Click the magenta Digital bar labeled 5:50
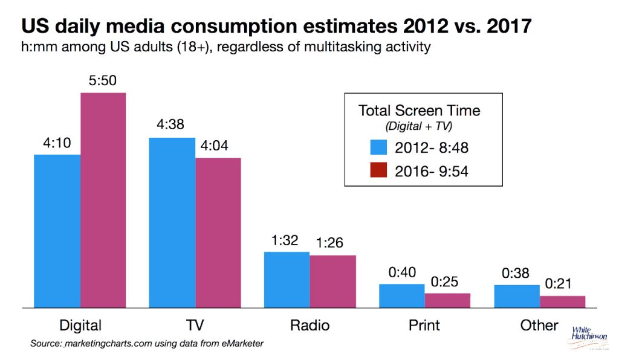[x=103, y=200]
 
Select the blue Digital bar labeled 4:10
[x=57, y=231]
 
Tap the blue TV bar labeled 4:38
[x=172, y=223]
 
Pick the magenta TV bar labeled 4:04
[x=218, y=233]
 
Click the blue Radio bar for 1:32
[x=287, y=280]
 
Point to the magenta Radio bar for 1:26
[x=333, y=281]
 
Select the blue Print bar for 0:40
[x=401, y=296]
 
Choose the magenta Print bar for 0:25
[x=447, y=300]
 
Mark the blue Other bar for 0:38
[x=517, y=296]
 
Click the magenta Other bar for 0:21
[x=563, y=301]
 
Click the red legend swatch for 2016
[x=378, y=172]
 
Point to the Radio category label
[x=309, y=326]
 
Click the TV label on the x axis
[x=195, y=326]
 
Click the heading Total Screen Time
[x=419, y=111]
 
